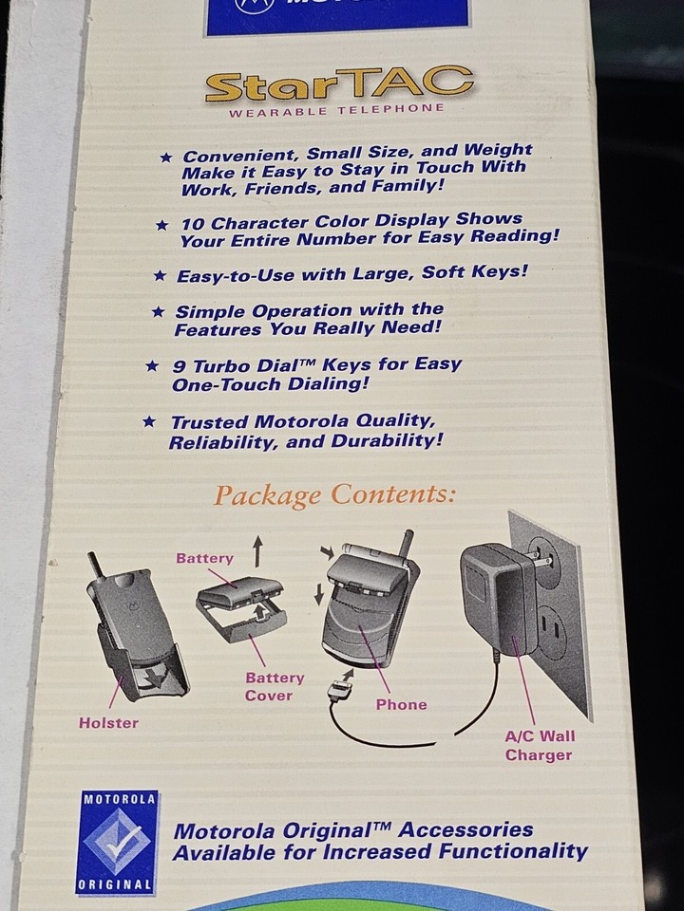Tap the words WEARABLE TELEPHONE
(336, 110)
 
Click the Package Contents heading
(334, 495)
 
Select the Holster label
(108, 723)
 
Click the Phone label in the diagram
(401, 705)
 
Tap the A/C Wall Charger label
(540, 745)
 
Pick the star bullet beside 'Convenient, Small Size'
(165, 157)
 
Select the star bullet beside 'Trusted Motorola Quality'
(148, 421)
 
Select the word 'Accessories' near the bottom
(465, 830)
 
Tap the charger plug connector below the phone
(340, 688)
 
